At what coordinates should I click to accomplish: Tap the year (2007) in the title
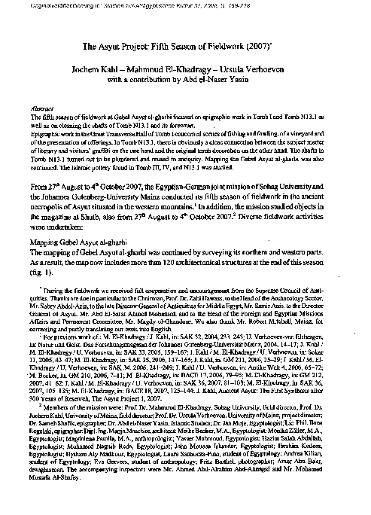(x=260, y=46)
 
